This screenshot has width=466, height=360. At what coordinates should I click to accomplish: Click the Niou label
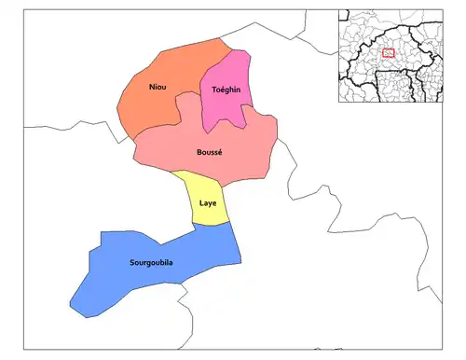[158, 87]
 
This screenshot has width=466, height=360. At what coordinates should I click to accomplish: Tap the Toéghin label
[226, 89]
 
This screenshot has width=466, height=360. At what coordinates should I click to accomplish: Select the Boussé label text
[209, 151]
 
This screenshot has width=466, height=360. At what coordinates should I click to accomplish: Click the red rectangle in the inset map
[389, 53]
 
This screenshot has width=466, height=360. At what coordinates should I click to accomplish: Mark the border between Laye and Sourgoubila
[212, 225]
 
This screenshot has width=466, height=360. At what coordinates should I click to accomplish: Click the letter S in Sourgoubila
[132, 262]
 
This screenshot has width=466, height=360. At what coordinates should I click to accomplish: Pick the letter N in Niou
[151, 87]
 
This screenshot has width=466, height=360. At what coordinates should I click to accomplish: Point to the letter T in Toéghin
[214, 89]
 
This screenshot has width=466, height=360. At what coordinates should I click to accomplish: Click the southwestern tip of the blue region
[72, 305]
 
